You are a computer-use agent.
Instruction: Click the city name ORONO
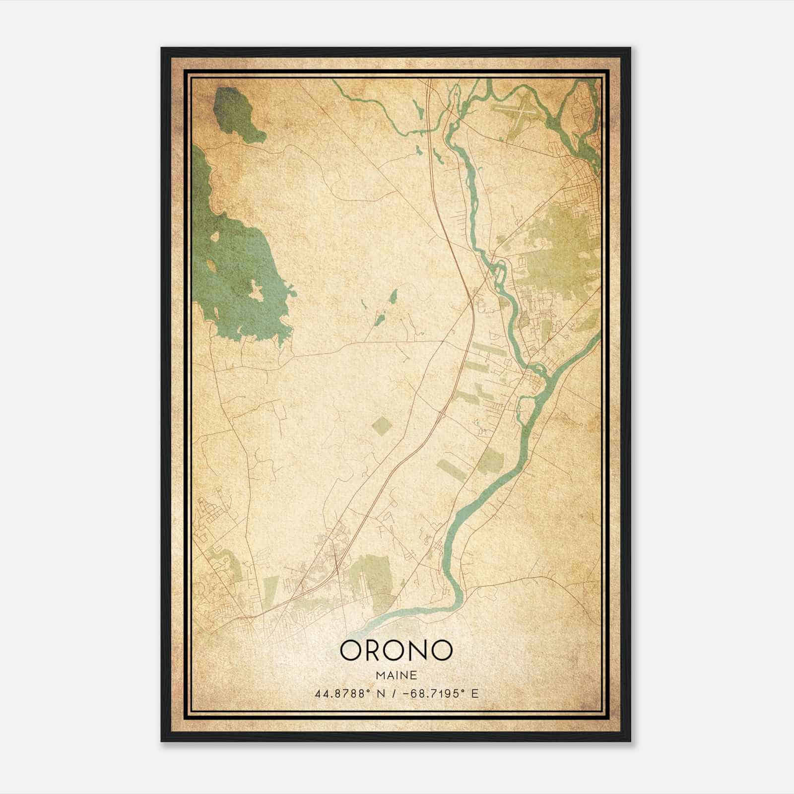tap(396, 650)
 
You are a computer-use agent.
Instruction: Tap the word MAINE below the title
tap(396, 676)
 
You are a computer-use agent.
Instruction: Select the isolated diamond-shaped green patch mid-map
tap(381, 425)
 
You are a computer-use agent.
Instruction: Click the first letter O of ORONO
tap(353, 650)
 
